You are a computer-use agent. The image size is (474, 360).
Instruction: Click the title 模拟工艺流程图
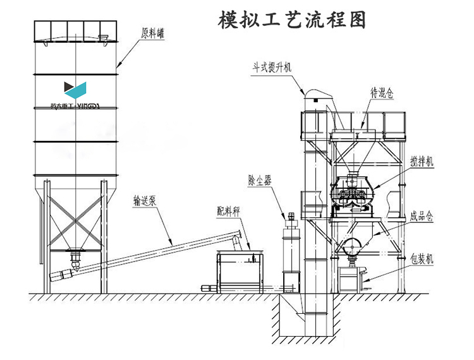click(291, 20)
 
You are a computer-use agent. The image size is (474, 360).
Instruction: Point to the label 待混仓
click(381, 92)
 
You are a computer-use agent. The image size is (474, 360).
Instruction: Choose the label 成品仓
click(420, 216)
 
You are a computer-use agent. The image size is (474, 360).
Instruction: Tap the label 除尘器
click(259, 181)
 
